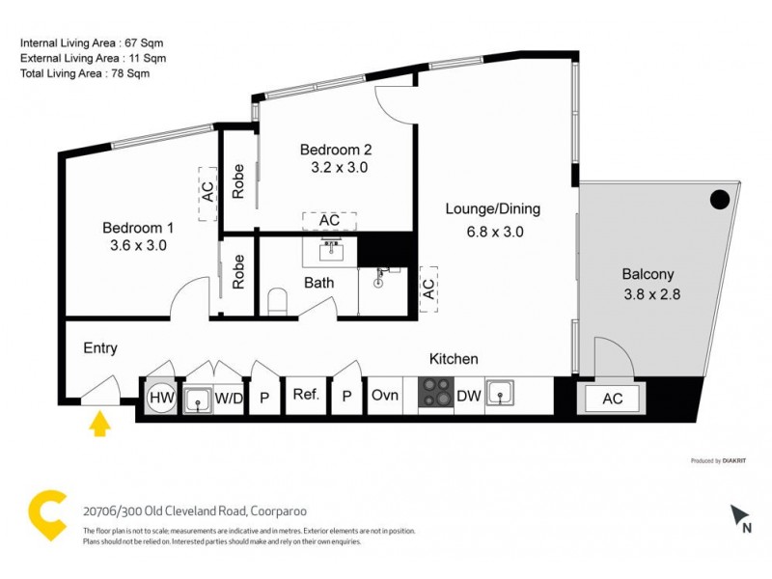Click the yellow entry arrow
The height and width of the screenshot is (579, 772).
98,424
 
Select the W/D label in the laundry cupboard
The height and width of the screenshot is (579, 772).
228,396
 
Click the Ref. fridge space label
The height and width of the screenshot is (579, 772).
306,395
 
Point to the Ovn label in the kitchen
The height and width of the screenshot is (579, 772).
385,395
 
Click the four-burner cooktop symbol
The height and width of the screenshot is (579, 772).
434,394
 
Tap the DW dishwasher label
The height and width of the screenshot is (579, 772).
469,395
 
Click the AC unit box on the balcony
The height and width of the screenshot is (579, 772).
612,398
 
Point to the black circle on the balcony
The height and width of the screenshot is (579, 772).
719,200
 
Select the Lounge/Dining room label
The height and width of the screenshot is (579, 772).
492,208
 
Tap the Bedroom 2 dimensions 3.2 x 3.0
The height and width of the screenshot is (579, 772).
335,167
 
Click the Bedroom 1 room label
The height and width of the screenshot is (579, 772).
138,228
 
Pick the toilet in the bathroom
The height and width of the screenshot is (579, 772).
278,302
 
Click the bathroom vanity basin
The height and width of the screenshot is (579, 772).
331,251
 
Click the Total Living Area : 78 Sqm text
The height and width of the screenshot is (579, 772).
85,72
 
